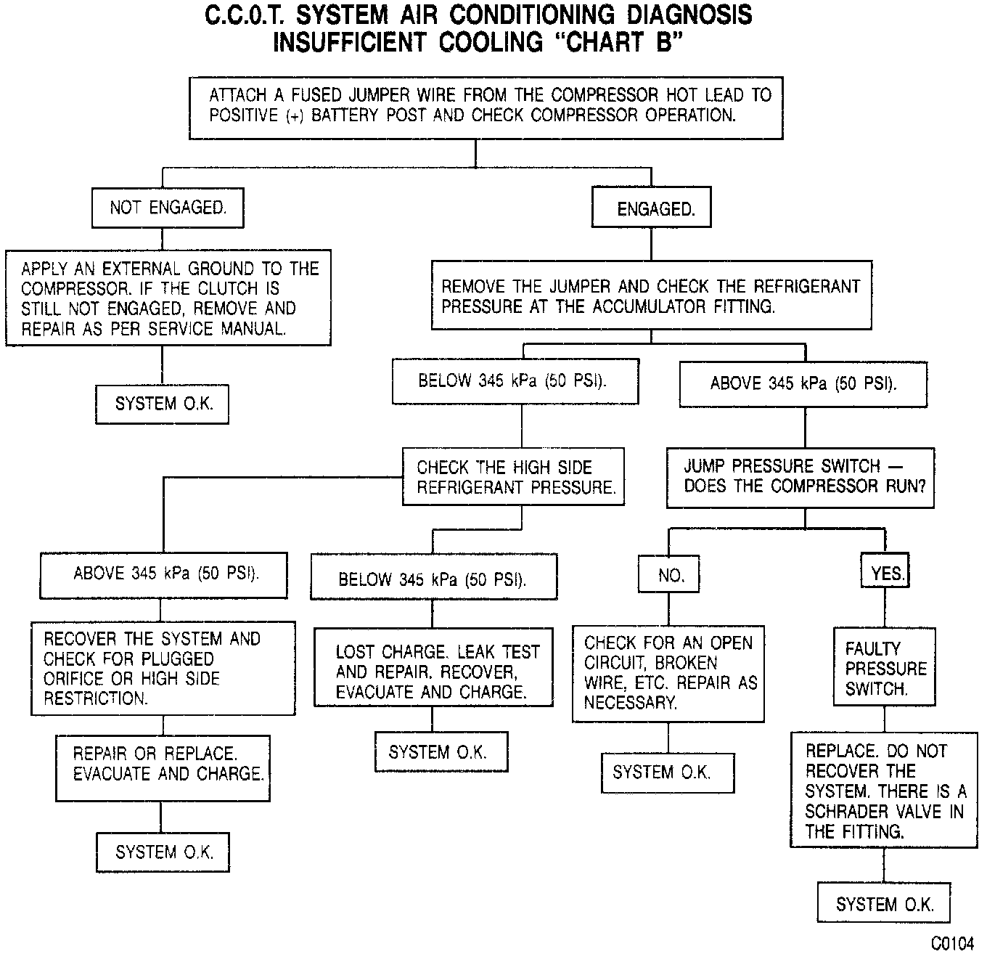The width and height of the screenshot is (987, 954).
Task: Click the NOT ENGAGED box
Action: coord(168,208)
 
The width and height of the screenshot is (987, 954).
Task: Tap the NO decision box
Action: coord(671,576)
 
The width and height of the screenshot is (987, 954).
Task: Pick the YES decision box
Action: coord(886,574)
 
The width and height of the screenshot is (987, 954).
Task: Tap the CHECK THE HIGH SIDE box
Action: coord(514,477)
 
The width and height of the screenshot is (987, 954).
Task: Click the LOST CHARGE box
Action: coord(433,672)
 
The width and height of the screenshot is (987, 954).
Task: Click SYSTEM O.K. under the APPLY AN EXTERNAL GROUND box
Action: coord(163,404)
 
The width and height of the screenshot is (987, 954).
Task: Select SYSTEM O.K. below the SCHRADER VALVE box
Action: coord(884,904)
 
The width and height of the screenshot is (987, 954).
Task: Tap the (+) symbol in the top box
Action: coord(294,115)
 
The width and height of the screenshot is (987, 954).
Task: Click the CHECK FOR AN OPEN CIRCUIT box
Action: coord(668,672)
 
